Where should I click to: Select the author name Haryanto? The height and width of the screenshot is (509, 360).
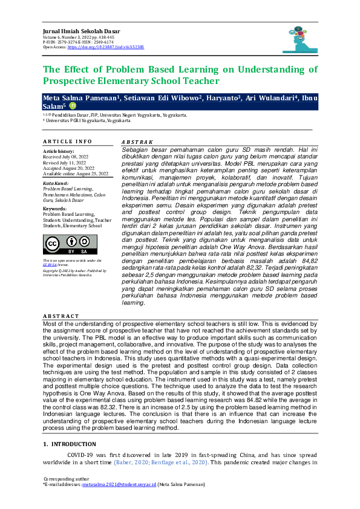pos(220,98)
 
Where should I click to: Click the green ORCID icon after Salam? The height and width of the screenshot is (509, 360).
pos(73,106)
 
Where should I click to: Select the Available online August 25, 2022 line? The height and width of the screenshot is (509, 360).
pos(76,173)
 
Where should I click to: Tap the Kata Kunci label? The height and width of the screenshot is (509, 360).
pos(54,183)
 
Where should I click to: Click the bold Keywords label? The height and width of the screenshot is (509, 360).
pos(56,209)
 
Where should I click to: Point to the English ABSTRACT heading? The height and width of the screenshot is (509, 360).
pos(61,316)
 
